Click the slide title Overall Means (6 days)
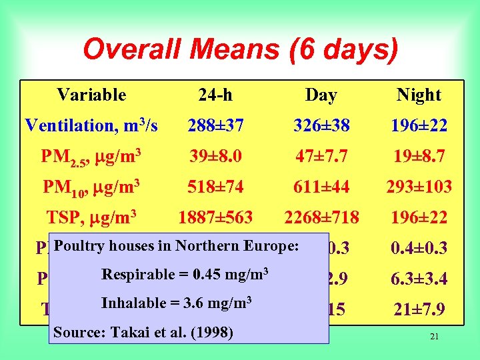coord(240,50)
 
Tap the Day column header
coord(321,95)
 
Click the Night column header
coord(419,95)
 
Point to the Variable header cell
coord(91,95)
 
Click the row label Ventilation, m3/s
coord(91,125)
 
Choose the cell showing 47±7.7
coord(321,157)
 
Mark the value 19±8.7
coord(419,157)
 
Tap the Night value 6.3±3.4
coord(419,279)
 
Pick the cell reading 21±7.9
coord(419,309)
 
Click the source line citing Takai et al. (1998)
coord(143,332)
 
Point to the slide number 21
coord(434,337)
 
